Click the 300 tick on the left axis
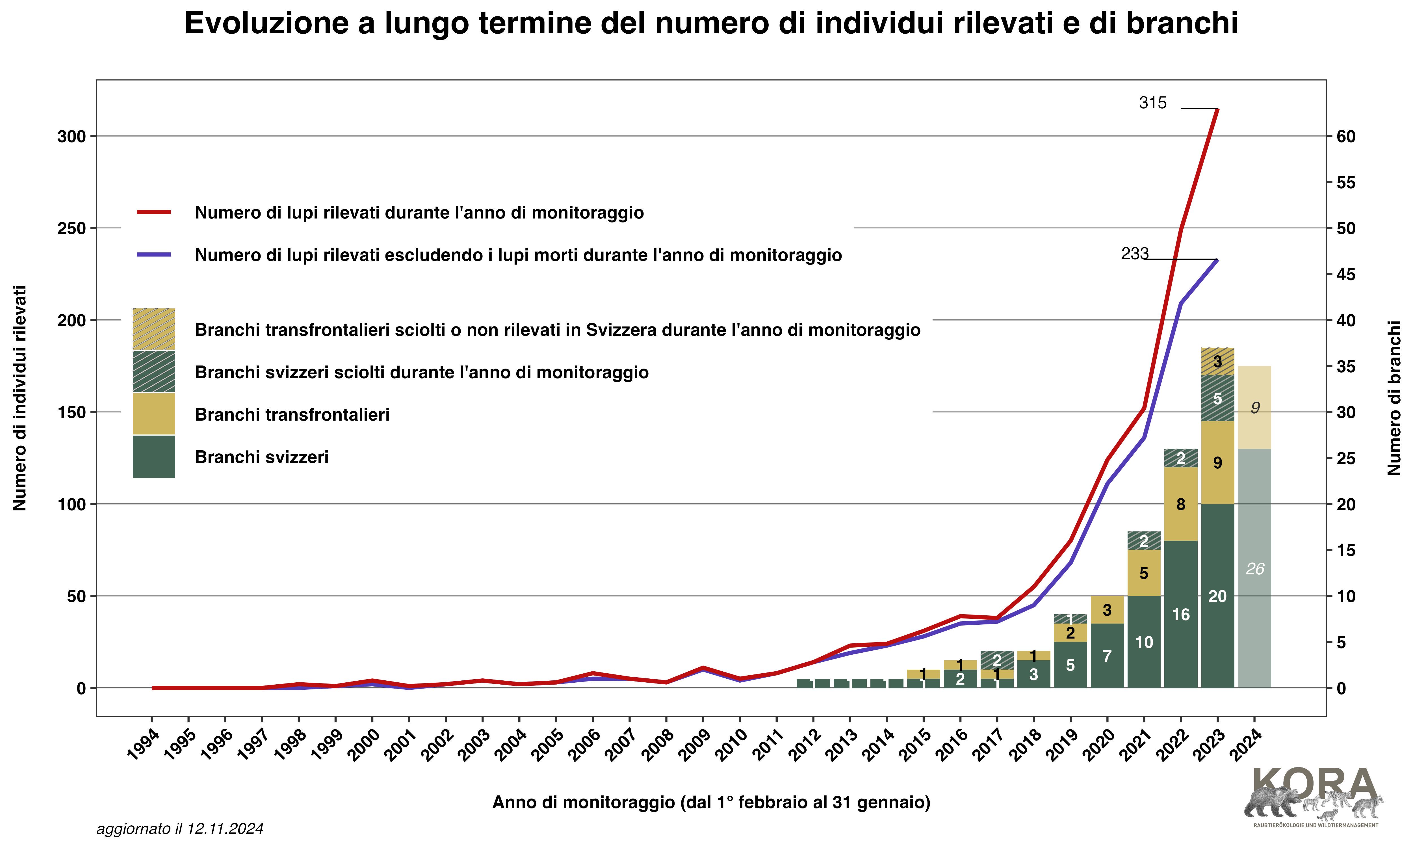coord(71,137)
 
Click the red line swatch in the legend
coord(154,213)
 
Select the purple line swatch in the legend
coord(154,255)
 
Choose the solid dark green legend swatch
coord(154,457)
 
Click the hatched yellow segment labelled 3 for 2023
coord(1217,361)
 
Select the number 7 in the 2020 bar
coord(1107,656)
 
